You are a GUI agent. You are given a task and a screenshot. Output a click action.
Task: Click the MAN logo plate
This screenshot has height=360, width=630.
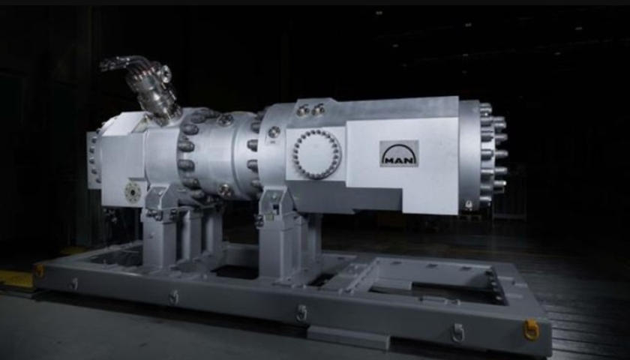coord(399,154)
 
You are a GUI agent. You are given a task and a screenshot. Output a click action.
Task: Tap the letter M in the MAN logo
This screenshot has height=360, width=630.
coord(389,160)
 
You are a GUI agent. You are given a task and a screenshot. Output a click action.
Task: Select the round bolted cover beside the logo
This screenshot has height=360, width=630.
coord(317,154)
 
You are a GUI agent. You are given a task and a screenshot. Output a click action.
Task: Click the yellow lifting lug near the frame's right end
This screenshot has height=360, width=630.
coord(531,329)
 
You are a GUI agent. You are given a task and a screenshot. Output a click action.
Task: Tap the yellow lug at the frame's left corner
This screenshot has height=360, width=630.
coord(39,271)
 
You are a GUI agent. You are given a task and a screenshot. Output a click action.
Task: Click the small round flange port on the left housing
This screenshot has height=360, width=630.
coord(132,192)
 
